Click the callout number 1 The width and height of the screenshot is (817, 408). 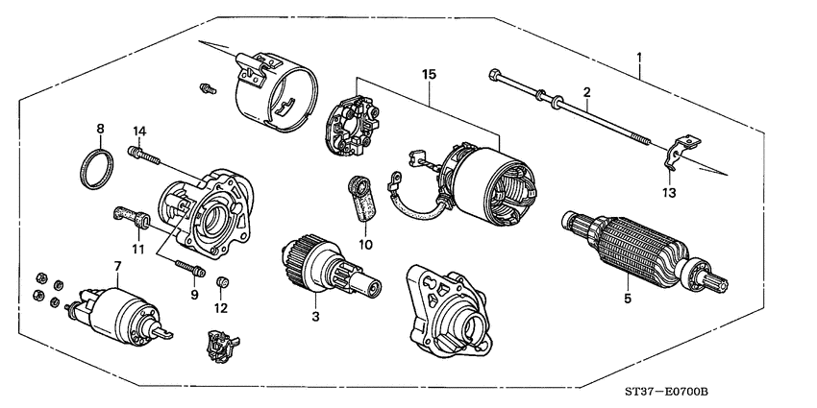tap(639, 57)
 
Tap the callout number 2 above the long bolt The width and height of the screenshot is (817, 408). tap(585, 92)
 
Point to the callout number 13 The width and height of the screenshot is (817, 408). tap(669, 192)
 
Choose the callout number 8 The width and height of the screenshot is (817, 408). tap(100, 129)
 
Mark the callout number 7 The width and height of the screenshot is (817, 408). tap(116, 265)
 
